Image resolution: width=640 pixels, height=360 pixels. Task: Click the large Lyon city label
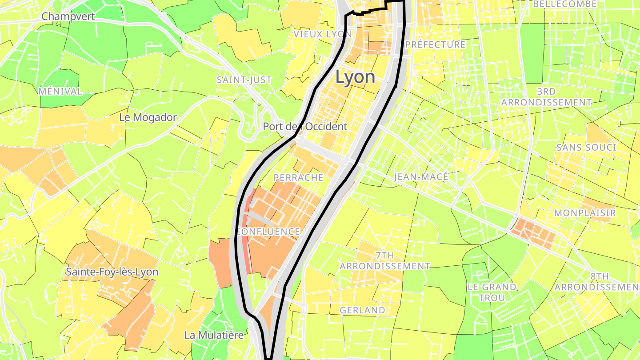pos(355,77)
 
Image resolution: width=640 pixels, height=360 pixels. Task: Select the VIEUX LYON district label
pos(323,34)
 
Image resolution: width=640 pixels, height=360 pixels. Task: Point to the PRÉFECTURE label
pos(435,44)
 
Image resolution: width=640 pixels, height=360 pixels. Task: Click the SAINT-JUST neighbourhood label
pos(244,80)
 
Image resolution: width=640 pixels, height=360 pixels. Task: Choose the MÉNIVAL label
pos(60,92)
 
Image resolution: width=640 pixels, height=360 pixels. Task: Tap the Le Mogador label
pos(148,117)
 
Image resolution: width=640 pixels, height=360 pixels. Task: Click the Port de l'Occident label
pos(305,126)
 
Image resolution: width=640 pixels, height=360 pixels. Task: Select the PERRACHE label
pos(299,178)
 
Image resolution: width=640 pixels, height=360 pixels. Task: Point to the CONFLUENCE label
pos(269,232)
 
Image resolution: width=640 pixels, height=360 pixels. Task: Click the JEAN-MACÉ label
pos(421,177)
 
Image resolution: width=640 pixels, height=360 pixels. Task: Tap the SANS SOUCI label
pos(586,147)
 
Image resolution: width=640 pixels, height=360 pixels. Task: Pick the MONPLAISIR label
pos(585,213)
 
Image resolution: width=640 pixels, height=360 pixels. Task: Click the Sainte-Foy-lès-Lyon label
pos(112,272)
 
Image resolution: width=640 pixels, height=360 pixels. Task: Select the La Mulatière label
pos(214,335)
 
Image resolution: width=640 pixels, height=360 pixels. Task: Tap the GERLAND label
pos(362,310)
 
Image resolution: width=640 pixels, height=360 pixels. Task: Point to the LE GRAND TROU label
pos(492,292)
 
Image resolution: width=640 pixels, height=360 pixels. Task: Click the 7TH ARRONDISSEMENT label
pos(385,261)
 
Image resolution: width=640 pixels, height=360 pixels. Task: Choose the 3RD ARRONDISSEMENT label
pos(546,97)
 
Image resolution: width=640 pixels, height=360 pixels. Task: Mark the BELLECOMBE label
pos(564,4)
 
